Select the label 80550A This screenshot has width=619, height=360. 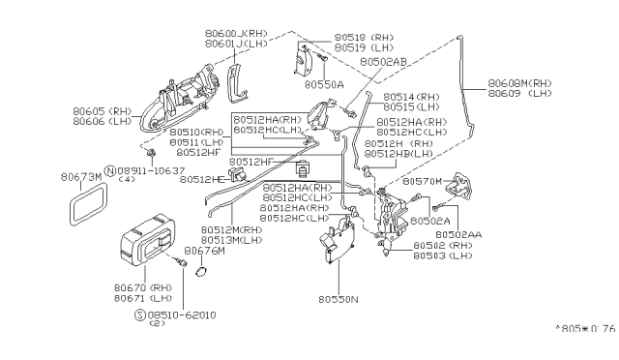click(324, 85)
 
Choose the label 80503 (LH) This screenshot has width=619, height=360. click(444, 256)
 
